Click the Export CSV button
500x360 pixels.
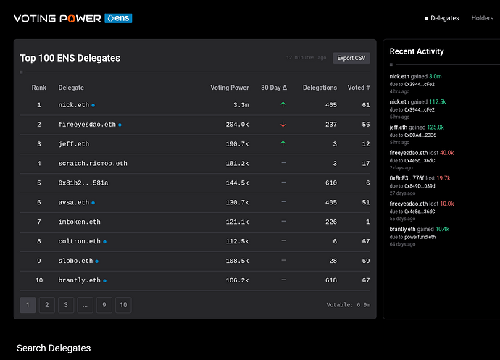click(x=351, y=58)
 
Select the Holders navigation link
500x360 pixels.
click(x=482, y=18)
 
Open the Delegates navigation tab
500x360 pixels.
click(x=444, y=18)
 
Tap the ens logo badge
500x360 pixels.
click(x=118, y=18)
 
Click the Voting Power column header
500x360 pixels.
click(x=229, y=88)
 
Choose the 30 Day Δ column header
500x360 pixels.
click(x=274, y=88)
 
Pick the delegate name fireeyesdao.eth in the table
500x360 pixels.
click(x=87, y=125)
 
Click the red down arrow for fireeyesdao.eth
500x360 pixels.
click(x=283, y=124)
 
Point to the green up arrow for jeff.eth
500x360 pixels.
click(x=283, y=143)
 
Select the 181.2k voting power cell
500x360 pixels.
click(x=237, y=163)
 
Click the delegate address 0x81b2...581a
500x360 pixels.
click(x=83, y=183)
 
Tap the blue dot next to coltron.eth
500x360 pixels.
click(x=104, y=242)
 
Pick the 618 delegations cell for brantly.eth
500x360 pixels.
click(x=331, y=280)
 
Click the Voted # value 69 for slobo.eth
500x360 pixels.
click(x=366, y=261)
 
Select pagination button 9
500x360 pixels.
click(x=104, y=305)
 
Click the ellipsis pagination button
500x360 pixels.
click(x=85, y=305)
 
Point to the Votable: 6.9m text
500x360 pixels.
click(x=349, y=305)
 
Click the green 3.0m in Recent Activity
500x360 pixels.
click(x=436, y=76)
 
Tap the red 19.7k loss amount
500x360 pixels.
click(x=443, y=178)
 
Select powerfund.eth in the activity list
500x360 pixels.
click(x=420, y=237)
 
